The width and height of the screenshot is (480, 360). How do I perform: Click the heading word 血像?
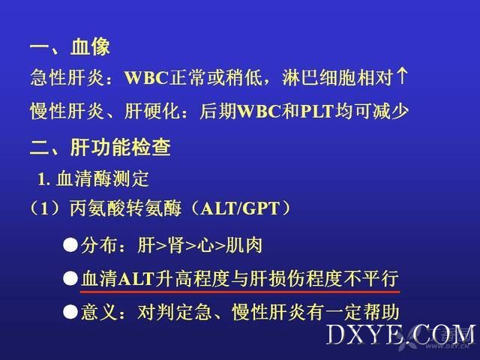tap(90, 46)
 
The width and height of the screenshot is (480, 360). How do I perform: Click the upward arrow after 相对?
tap(402, 76)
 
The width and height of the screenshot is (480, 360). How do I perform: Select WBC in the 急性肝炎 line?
tap(146, 77)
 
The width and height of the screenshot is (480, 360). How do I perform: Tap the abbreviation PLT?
tap(316, 111)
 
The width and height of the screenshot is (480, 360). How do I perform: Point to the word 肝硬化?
tap(151, 110)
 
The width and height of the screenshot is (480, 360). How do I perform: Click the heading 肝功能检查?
tap(120, 147)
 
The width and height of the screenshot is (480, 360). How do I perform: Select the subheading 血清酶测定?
tap(103, 178)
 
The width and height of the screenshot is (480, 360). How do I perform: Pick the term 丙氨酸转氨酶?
tap(126, 208)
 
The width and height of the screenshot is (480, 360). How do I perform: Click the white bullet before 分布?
tap(70, 245)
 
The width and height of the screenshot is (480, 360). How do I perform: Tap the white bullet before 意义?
tap(70, 312)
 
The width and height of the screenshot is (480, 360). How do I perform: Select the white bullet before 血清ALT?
tap(70, 278)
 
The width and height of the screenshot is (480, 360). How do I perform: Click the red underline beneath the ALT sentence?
tap(240, 292)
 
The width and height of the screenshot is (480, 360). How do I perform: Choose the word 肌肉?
tap(244, 245)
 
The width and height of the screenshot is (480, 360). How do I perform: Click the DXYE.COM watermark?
tap(400, 334)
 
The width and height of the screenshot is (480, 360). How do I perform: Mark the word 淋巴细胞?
tap(319, 76)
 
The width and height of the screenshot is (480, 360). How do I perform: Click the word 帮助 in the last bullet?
tap(381, 312)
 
